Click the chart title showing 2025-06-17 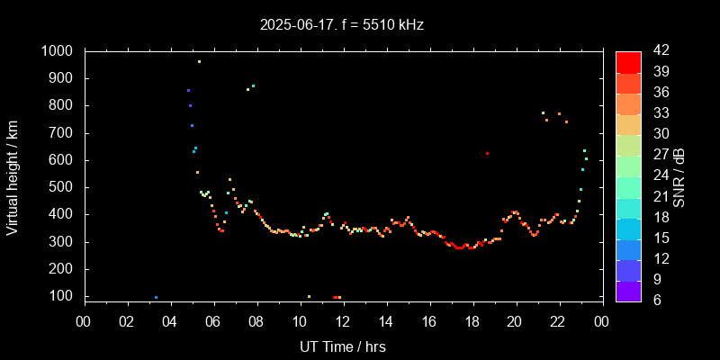(x=342, y=25)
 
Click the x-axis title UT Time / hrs (x=342, y=346)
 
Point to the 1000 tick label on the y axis (x=57, y=51)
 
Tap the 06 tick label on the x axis (x=213, y=321)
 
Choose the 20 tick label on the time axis (x=515, y=321)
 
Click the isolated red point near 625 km (x=487, y=154)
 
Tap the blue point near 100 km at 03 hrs (x=156, y=297)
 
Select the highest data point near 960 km (x=199, y=61)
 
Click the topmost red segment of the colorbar (x=628, y=61)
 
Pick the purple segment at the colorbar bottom (x=628, y=291)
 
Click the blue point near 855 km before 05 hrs (x=188, y=90)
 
